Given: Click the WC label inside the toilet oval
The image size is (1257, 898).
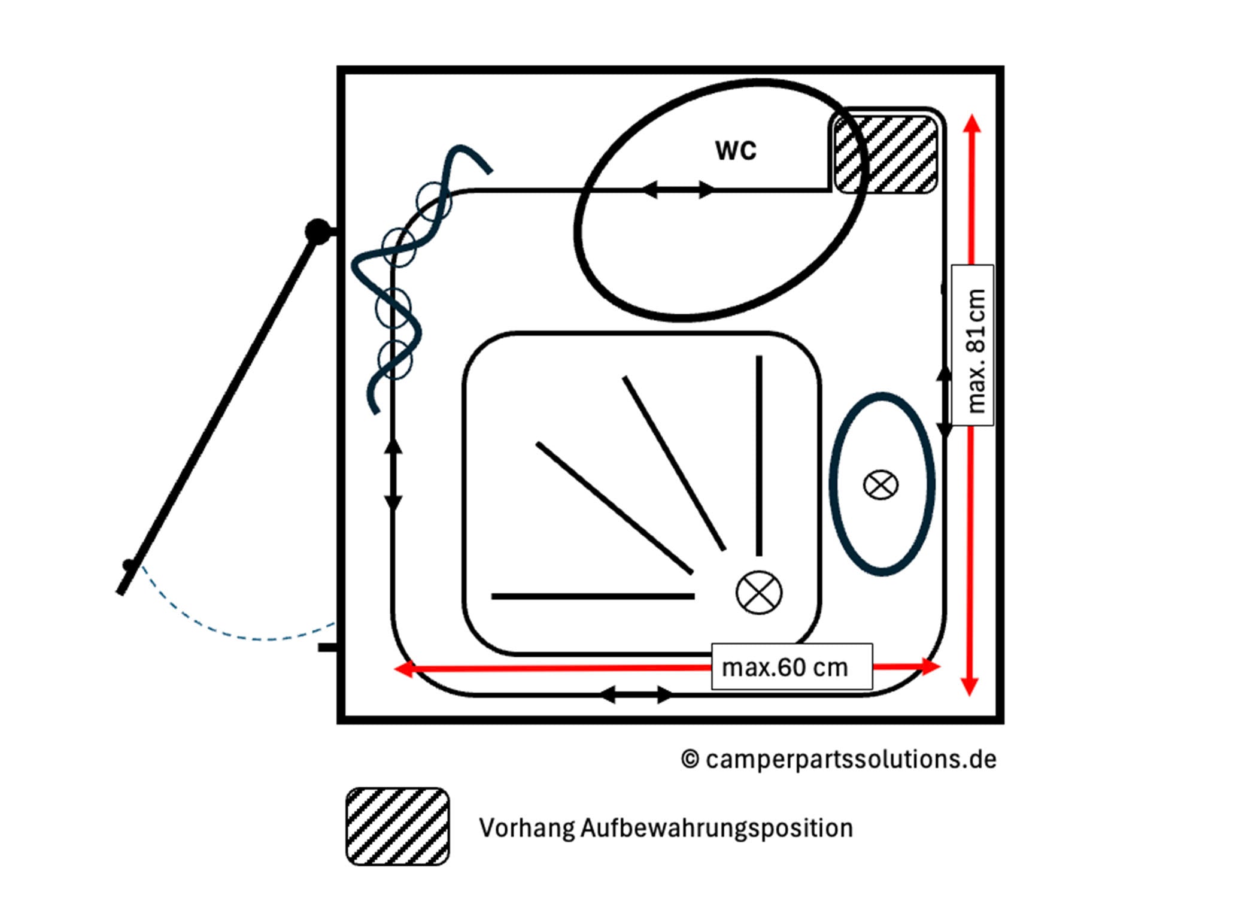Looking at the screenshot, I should (736, 150).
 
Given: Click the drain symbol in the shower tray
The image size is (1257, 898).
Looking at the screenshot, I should (758, 593).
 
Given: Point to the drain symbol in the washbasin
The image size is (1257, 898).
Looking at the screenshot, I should (880, 484).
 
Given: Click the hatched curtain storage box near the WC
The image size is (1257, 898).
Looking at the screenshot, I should (885, 154).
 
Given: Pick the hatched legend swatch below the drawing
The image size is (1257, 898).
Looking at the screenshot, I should (397, 826).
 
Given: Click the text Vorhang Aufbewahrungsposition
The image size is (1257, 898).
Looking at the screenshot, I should (666, 828).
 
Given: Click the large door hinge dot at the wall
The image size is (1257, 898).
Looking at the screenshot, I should (317, 231).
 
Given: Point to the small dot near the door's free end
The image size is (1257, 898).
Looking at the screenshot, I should (128, 565).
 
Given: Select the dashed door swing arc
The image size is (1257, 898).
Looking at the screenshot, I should (239, 635).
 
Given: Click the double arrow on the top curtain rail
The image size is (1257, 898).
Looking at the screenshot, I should (678, 190).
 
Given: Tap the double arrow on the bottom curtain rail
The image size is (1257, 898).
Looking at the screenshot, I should (636, 695).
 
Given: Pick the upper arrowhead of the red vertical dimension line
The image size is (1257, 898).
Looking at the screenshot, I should (972, 123).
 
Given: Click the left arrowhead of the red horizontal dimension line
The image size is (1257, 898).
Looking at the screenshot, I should (405, 669).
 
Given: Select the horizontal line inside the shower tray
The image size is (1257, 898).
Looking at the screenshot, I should (593, 596).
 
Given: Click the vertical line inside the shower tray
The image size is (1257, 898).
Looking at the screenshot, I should (759, 455).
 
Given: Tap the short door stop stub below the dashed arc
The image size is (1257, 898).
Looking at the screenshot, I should (327, 648).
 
